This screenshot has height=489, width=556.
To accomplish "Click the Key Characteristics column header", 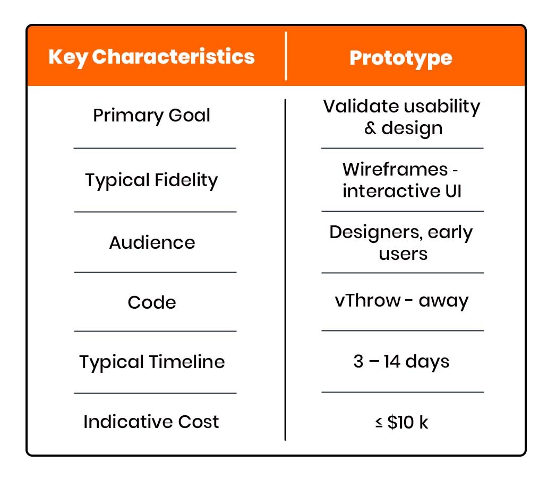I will click(151, 57).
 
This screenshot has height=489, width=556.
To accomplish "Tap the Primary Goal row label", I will click(151, 116).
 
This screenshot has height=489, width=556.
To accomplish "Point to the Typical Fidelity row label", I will click(151, 180).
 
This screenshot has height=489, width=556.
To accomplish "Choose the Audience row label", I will click(152, 242).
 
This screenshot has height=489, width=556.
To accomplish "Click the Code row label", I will click(152, 302).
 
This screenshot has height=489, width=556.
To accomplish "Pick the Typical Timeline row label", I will click(152, 362).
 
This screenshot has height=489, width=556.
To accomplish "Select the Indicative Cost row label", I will click(151, 422).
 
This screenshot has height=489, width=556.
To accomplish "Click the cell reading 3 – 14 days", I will click(401, 362).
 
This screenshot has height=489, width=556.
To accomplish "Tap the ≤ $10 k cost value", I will click(401, 423).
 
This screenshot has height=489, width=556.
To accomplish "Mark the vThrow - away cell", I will click(401, 301).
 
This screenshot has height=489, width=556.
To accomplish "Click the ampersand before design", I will click(370, 128).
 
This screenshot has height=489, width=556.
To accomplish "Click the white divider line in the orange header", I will click(286, 56).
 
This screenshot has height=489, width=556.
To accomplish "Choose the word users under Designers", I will click(403, 254).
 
